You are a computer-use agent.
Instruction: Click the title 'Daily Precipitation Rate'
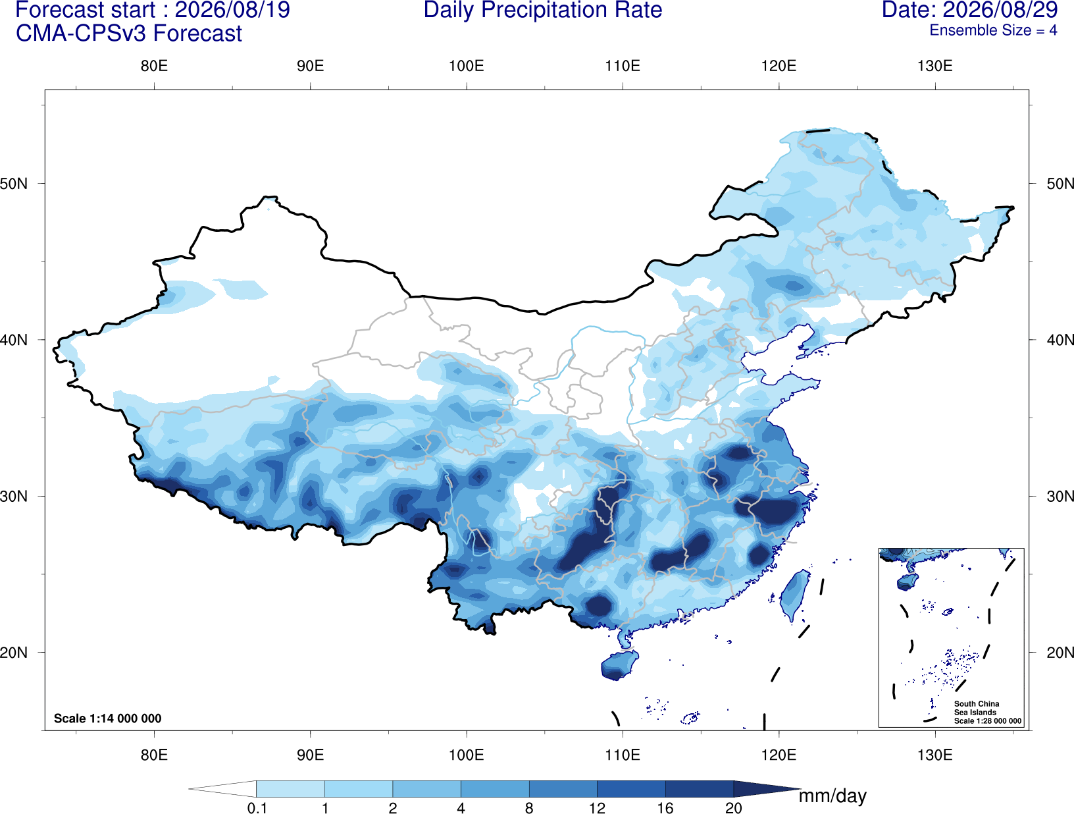[x=543, y=10]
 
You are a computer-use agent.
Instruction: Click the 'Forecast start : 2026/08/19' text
[x=153, y=10]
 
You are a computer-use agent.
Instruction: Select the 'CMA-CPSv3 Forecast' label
[x=129, y=34]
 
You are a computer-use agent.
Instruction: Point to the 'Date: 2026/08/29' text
[x=969, y=10]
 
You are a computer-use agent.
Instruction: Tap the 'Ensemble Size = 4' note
[x=993, y=30]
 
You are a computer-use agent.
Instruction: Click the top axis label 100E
[x=467, y=66]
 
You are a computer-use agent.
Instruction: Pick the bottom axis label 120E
[x=779, y=754]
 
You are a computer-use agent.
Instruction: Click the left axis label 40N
[x=14, y=340]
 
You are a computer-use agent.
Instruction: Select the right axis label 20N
[x=1060, y=653]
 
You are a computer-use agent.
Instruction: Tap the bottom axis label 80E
[x=154, y=754]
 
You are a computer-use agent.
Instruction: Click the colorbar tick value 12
[x=597, y=807]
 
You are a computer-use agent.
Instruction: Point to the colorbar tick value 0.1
[x=257, y=807]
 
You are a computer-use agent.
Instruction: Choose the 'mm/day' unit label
[x=832, y=796]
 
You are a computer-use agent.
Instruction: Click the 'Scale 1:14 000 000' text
[x=108, y=718]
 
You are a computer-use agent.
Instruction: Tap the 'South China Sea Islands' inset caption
[x=977, y=708]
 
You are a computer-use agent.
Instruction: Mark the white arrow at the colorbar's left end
[x=222, y=788]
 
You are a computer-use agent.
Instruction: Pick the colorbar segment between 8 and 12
[x=563, y=788]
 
